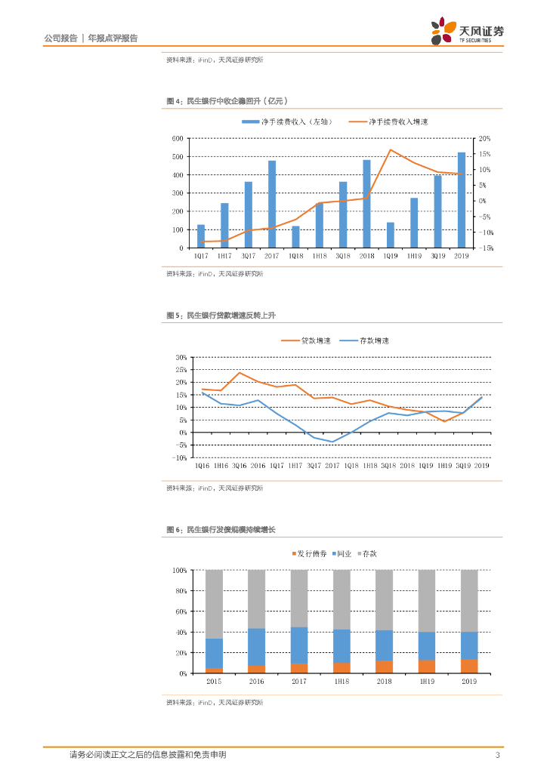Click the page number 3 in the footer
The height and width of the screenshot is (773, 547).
497,755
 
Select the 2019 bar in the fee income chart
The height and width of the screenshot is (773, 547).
461,200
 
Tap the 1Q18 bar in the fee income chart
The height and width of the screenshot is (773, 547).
295,237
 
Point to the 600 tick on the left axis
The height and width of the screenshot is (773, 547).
178,139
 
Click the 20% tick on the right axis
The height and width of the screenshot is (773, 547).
484,139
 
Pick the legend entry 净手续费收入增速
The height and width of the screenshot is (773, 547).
398,122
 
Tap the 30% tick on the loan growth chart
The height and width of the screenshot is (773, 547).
181,357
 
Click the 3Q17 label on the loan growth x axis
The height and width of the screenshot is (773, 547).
314,467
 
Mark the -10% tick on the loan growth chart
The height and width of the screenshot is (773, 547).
180,457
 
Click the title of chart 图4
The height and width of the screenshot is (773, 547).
227,101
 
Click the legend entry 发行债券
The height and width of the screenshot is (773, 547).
311,553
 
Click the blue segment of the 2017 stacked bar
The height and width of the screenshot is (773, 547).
299,645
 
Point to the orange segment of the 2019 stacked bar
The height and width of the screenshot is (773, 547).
469,666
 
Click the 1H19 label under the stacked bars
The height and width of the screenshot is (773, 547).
426,681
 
